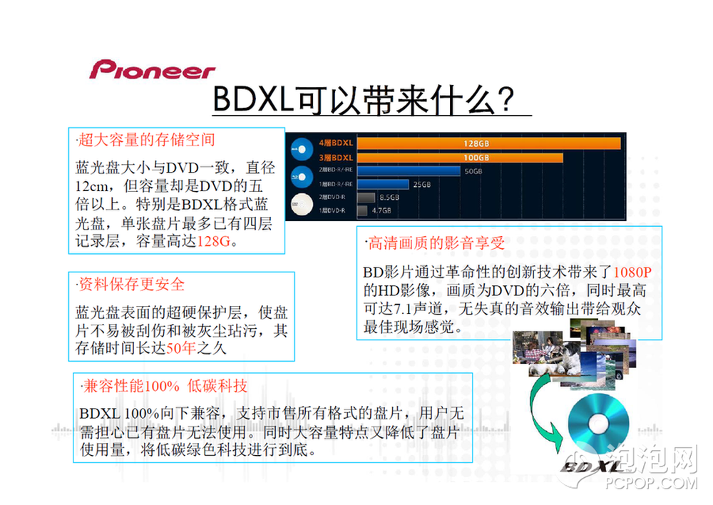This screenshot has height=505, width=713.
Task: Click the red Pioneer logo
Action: [153, 70]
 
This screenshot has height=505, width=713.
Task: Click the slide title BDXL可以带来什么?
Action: [364, 99]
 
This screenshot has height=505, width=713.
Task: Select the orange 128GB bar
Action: [489, 143]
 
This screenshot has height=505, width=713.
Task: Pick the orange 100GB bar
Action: [460, 158]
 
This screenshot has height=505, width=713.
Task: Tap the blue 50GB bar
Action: [409, 171]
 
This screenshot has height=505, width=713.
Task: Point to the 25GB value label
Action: [421, 184]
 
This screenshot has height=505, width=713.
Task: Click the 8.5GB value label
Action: [389, 198]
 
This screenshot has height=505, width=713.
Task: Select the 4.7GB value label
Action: [381, 210]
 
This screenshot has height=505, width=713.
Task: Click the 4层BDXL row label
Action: [336, 143]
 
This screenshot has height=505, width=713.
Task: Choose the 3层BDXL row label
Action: [336, 158]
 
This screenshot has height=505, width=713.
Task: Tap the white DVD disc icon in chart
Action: [302, 204]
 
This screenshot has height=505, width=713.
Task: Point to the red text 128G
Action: [214, 241]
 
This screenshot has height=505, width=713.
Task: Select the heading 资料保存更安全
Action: [131, 285]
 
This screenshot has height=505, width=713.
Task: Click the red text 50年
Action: [181, 348]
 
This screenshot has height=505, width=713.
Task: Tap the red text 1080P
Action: [632, 272]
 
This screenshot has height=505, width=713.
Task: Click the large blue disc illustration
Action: [598, 424]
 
